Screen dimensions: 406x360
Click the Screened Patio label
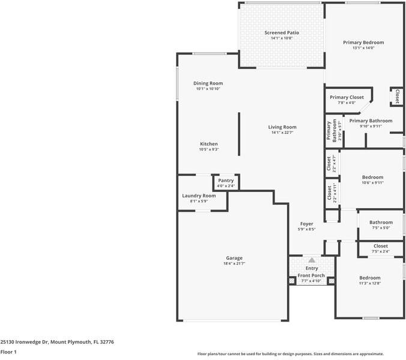pos(282,32)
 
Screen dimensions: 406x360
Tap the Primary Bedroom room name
pos(363,43)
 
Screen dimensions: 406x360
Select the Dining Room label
pos(208,83)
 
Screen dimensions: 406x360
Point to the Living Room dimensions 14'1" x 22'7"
pos(282,133)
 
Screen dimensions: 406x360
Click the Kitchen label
pos(208,144)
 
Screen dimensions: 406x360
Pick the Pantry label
pos(226,180)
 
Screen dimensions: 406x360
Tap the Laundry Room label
pos(199,196)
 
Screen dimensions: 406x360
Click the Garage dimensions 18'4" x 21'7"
pos(234,263)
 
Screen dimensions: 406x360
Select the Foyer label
pos(306,224)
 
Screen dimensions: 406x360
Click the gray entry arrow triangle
pos(312,260)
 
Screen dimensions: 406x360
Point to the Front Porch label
pos(311,275)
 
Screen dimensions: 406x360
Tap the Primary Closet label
pos(347,97)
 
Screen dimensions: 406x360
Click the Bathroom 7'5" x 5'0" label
pos(381,223)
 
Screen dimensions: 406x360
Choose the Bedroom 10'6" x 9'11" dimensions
pos(372,182)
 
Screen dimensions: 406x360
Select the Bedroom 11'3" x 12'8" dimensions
pos(370,283)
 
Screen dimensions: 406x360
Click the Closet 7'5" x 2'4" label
pos(381,246)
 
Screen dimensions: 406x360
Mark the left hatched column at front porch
pos(292,281)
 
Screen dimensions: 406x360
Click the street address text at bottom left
pos(57,342)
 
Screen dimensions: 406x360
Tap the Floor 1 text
pos(8,352)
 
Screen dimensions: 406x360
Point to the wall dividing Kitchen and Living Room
pos(239,134)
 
